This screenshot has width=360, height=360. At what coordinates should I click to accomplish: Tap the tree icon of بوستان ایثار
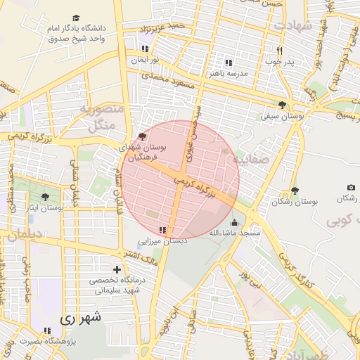[46, 198]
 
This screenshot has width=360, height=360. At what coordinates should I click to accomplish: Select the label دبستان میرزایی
[163, 240]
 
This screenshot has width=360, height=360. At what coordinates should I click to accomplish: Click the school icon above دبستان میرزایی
[163, 230]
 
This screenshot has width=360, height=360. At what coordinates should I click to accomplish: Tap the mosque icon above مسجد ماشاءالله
[234, 223]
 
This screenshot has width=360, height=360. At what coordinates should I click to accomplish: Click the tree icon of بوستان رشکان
[294, 191]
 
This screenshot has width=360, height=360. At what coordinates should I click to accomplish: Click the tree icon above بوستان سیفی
[283, 105]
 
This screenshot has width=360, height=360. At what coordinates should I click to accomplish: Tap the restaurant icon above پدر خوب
[279, 51]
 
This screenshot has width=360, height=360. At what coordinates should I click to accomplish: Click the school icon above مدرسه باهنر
[228, 62]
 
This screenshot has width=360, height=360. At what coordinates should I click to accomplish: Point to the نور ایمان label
[144, 60]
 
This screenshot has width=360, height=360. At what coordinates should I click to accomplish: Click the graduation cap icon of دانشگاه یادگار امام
[76, 18]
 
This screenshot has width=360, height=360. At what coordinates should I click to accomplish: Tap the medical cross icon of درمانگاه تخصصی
[117, 269]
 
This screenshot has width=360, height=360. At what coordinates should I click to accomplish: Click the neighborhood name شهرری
[81, 318]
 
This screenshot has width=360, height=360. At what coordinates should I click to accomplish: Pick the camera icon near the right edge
[351, 188]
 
